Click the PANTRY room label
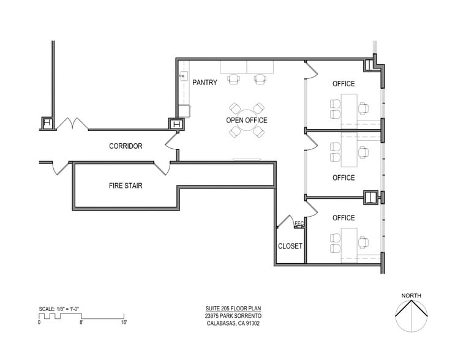[205, 83]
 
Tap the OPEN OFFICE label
[247, 121]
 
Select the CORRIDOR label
[126, 146]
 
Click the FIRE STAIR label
[126, 186]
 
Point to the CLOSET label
[290, 246]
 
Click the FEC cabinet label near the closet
[299, 223]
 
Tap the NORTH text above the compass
[411, 296]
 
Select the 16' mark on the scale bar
[124, 321]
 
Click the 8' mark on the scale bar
[81, 321]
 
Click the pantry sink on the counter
[183, 77]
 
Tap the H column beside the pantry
[176, 124]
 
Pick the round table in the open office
[247, 120]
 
